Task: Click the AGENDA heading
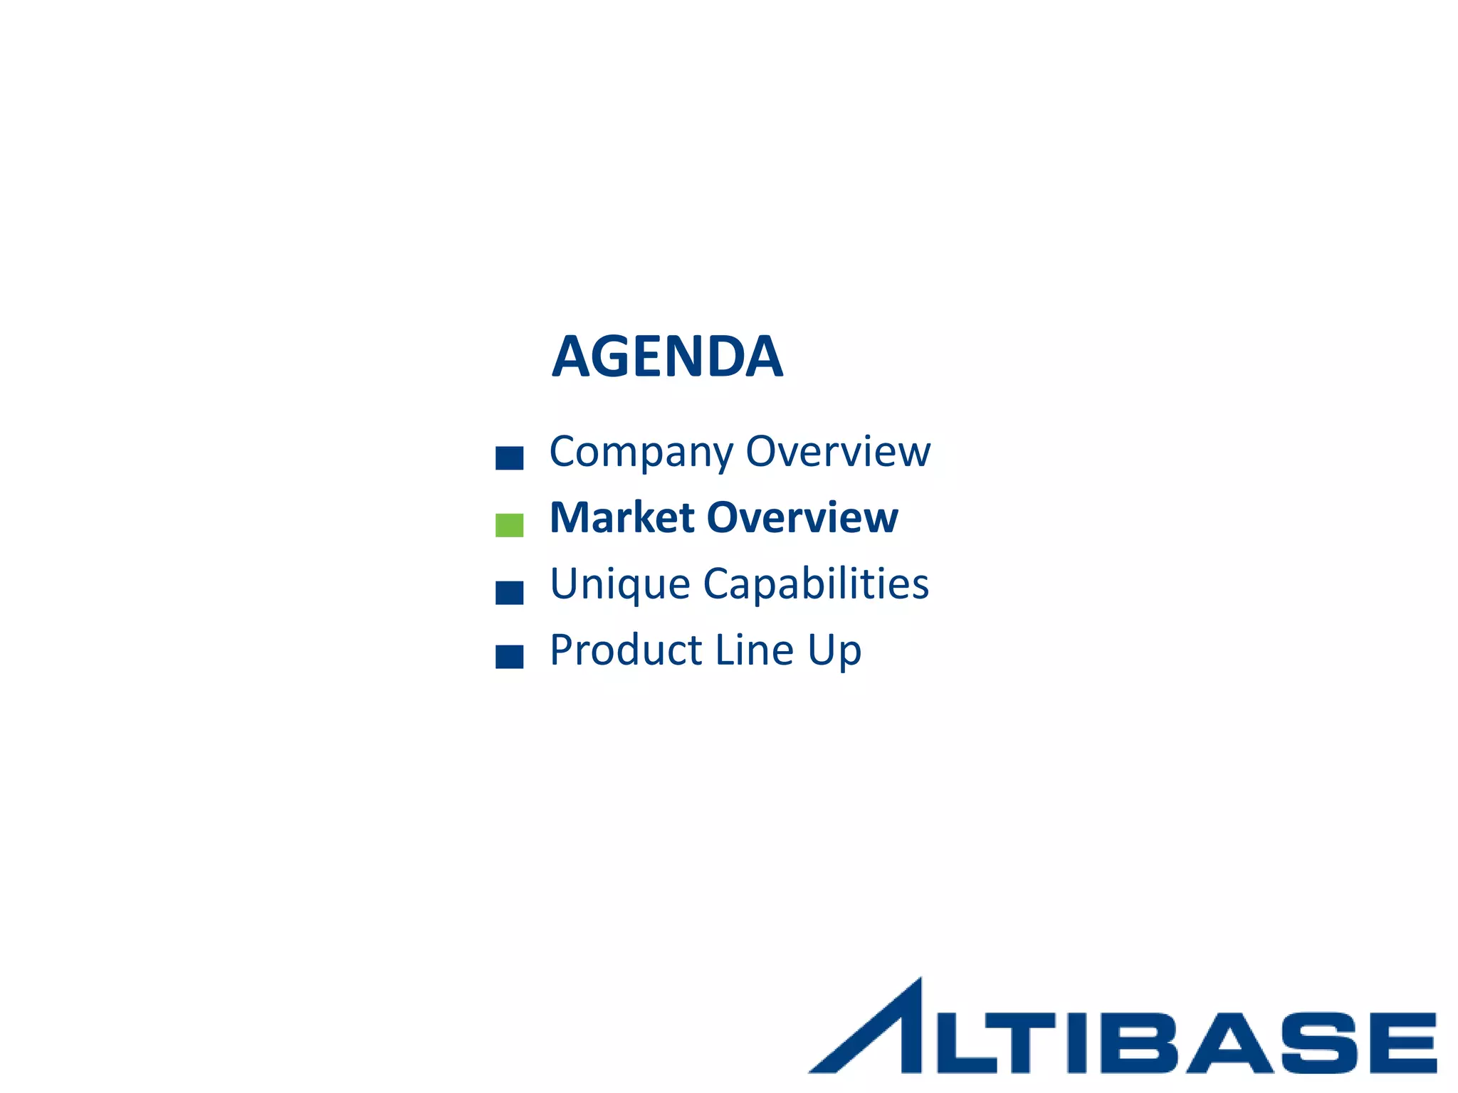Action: (x=667, y=357)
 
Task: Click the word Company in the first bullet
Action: (x=641, y=452)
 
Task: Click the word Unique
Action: (x=619, y=585)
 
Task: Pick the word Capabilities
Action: (x=816, y=585)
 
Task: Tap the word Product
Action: (x=626, y=650)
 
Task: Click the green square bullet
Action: (x=509, y=525)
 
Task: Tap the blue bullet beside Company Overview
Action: (x=509, y=458)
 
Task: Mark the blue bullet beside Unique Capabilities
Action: (x=509, y=593)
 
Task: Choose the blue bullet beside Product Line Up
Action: (x=509, y=657)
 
